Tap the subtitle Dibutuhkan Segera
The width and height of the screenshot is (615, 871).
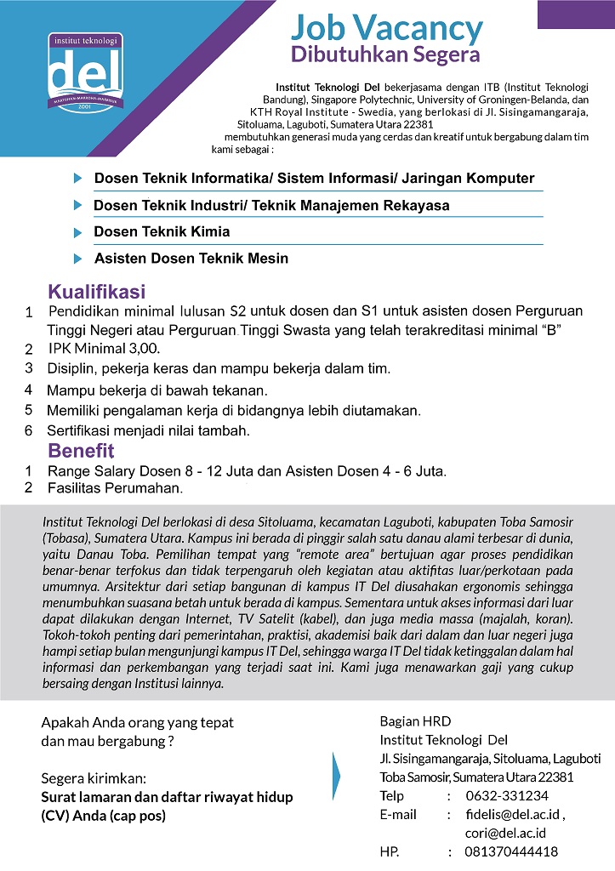385,54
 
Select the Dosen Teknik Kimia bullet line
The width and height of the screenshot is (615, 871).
162,231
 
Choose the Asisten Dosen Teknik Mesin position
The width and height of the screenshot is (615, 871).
191,258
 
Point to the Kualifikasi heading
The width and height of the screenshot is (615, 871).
96,292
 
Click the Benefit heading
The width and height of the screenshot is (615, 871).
80,450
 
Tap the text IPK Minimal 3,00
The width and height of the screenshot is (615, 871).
104,349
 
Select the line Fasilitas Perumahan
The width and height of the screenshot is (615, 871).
115,488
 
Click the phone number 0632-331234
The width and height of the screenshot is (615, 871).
507,795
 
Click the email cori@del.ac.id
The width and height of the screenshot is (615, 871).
505,833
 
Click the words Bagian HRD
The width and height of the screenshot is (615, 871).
413,721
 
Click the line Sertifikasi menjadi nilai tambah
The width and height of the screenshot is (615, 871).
148,430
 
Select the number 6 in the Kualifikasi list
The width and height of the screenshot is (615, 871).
28,430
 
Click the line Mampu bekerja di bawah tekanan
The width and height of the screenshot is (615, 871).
157,390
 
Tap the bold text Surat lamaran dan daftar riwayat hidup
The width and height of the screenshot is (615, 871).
167,797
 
